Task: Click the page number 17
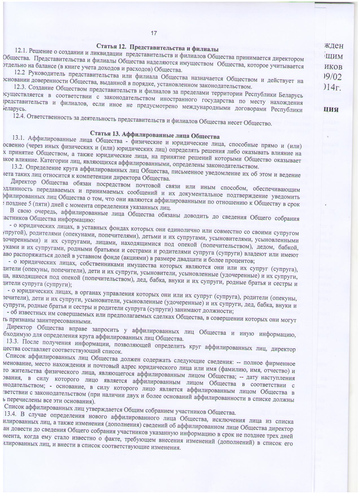(x=154, y=33)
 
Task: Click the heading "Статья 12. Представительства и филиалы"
(x=154, y=46)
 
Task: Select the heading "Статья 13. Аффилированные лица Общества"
(x=155, y=136)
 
